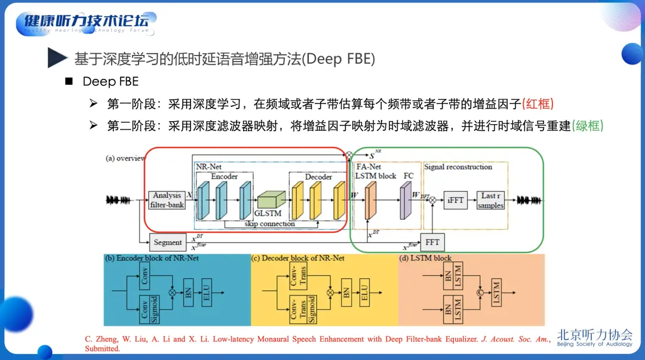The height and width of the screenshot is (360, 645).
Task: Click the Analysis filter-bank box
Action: pos(167,200)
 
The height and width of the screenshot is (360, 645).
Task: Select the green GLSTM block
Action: pos(272,201)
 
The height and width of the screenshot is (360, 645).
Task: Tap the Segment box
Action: pos(167,242)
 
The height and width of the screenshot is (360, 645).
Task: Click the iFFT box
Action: pos(455,201)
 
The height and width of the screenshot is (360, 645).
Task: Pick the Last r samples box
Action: pos(490,201)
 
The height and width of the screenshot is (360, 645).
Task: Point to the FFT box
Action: pos(432,242)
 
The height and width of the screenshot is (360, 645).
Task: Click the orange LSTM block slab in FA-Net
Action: pos(370,199)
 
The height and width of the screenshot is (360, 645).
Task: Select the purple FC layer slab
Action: pos(406,200)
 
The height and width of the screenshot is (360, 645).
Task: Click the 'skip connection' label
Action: pos(271,224)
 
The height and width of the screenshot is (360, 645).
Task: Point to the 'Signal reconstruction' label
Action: pos(458,167)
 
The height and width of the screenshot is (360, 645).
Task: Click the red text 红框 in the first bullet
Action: pos(538,104)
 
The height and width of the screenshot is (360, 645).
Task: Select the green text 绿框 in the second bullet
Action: pos(588,126)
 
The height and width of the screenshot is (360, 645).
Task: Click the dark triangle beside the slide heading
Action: pos(57,59)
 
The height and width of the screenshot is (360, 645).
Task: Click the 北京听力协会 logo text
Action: pos(594,335)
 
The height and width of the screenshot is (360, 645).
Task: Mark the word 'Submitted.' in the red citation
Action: pos(102,349)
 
